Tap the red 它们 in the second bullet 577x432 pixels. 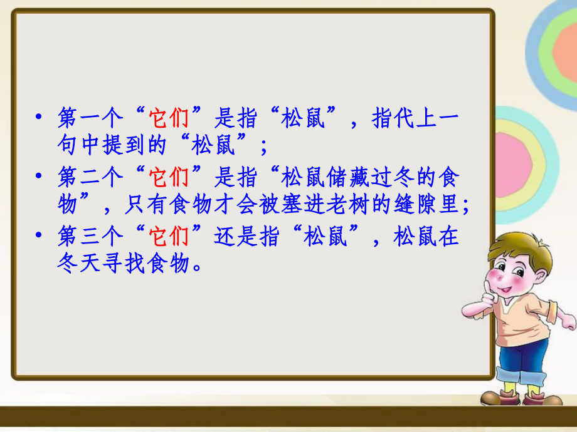coord(169,178)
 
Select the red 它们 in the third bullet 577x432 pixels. coord(169,237)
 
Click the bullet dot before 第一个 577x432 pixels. coord(39,118)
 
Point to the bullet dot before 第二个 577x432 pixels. coord(39,178)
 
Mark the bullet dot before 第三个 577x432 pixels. coord(39,237)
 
